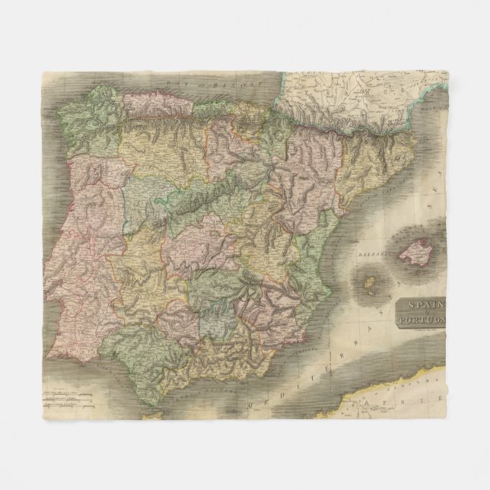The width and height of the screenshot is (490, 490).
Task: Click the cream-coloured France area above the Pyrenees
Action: (x=342, y=91)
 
